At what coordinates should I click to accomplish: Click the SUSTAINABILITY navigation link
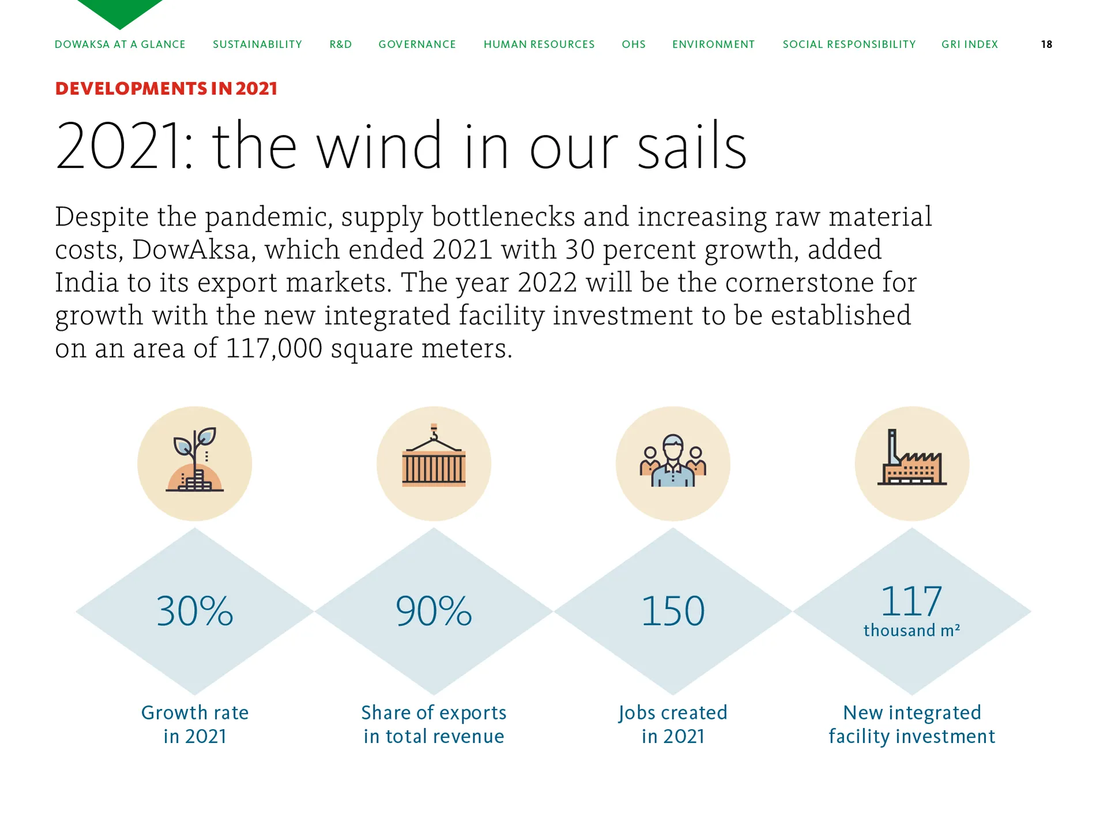(x=257, y=44)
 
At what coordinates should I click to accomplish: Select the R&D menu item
(x=341, y=44)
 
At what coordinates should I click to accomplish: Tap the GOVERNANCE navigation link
(x=417, y=44)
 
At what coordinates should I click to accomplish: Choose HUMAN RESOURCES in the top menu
(x=539, y=44)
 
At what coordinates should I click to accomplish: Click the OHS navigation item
(x=634, y=44)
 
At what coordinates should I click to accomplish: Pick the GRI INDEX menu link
(x=970, y=44)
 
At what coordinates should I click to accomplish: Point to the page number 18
(x=1046, y=44)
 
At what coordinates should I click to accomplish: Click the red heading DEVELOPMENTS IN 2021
(x=166, y=88)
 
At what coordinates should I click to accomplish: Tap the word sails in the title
(x=692, y=146)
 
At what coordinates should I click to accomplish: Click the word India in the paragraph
(x=86, y=282)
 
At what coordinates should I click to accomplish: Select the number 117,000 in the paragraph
(x=274, y=348)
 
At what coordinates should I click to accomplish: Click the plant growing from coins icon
(x=195, y=460)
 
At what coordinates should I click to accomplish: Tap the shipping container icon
(x=434, y=456)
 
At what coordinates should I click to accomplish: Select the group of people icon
(x=673, y=460)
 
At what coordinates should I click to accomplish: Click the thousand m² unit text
(x=912, y=631)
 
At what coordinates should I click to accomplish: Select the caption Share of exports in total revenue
(x=434, y=725)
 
